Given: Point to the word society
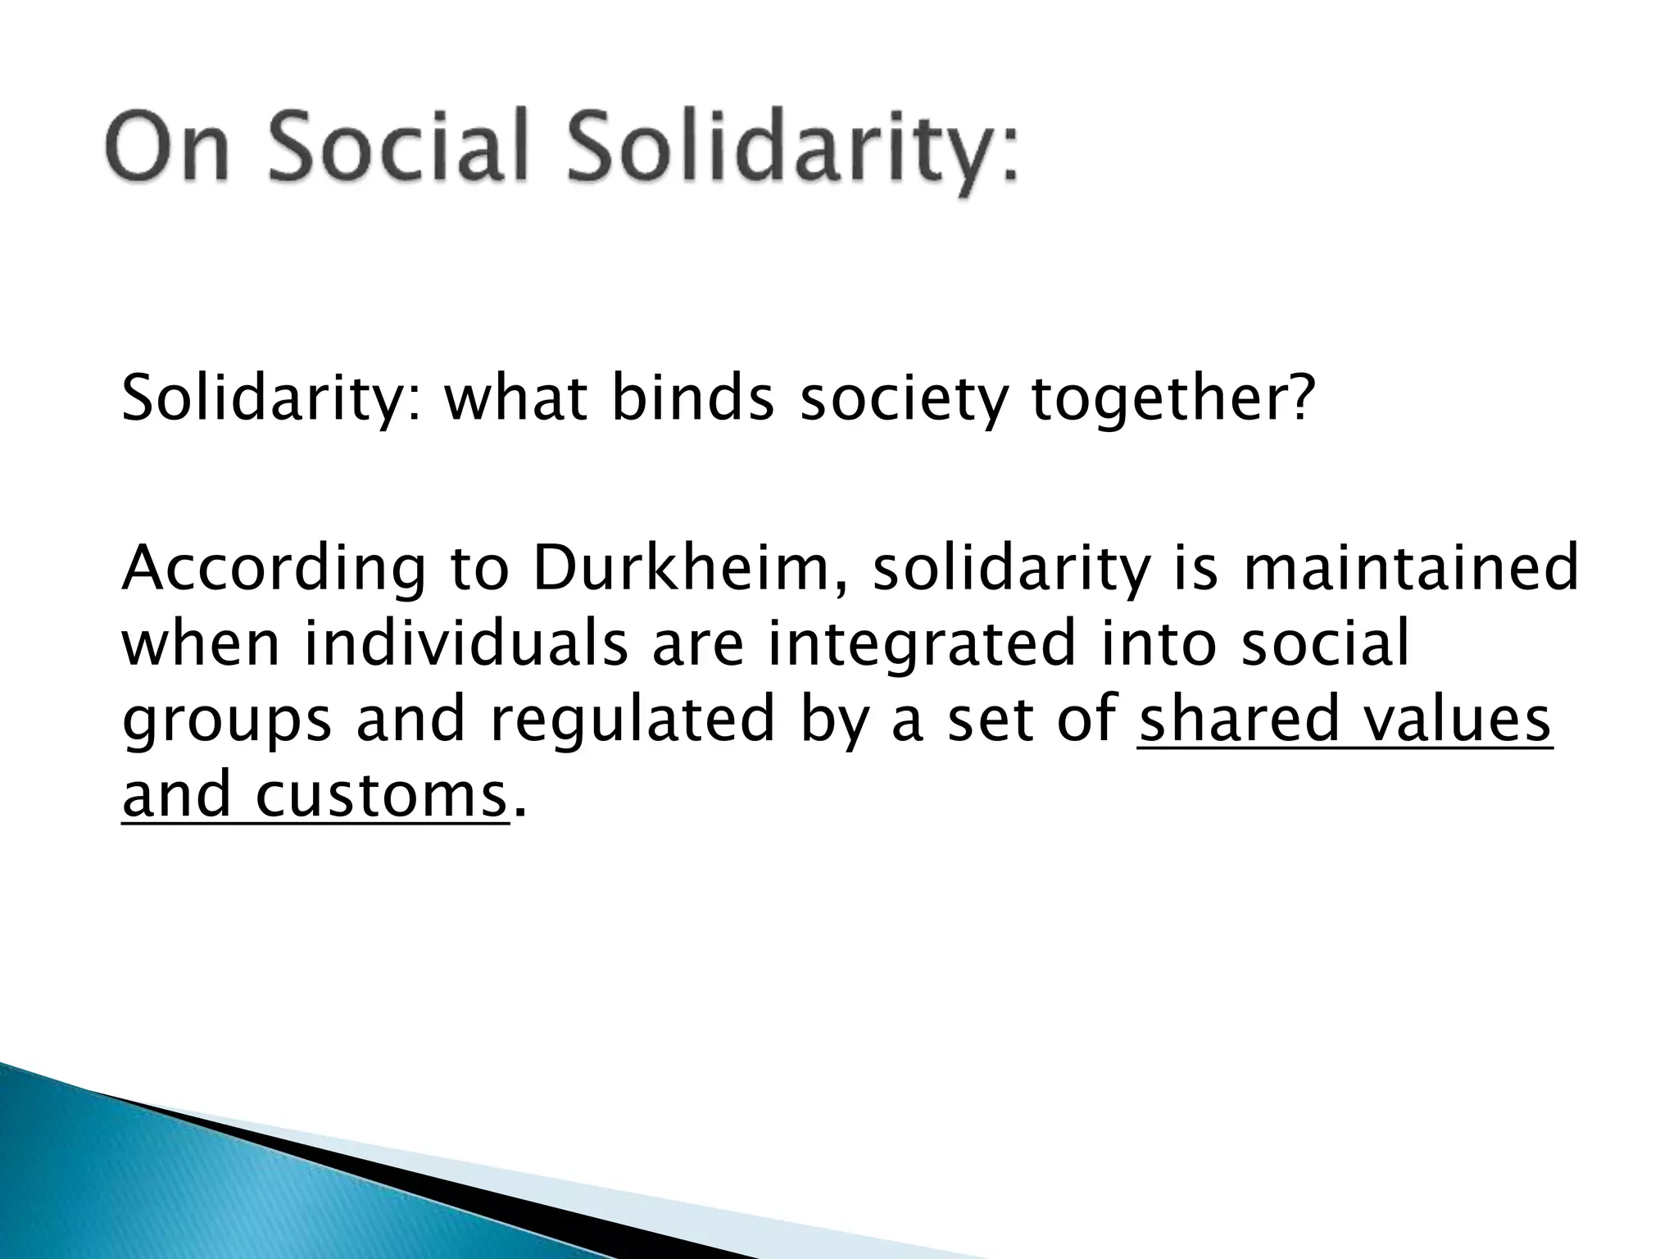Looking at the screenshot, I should (901, 402).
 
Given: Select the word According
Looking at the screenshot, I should (274, 570).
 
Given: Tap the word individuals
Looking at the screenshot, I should (466, 643).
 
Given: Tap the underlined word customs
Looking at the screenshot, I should (380, 795).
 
